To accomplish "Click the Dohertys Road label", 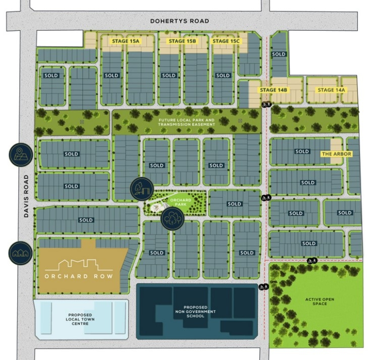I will (x=179, y=21).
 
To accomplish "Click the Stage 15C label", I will (x=226, y=41).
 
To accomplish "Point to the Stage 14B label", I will (x=273, y=90).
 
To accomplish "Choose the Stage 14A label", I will (x=331, y=90).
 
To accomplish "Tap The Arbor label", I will (x=337, y=153).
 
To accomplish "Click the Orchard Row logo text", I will (x=78, y=276).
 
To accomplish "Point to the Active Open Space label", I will (x=320, y=303).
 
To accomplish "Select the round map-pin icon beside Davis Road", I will (x=21, y=154).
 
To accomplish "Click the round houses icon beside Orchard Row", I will (x=21, y=253).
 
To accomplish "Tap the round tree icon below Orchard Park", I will (x=172, y=219).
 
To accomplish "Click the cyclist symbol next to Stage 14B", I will (x=267, y=104).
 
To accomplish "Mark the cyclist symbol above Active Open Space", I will (x=312, y=261).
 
